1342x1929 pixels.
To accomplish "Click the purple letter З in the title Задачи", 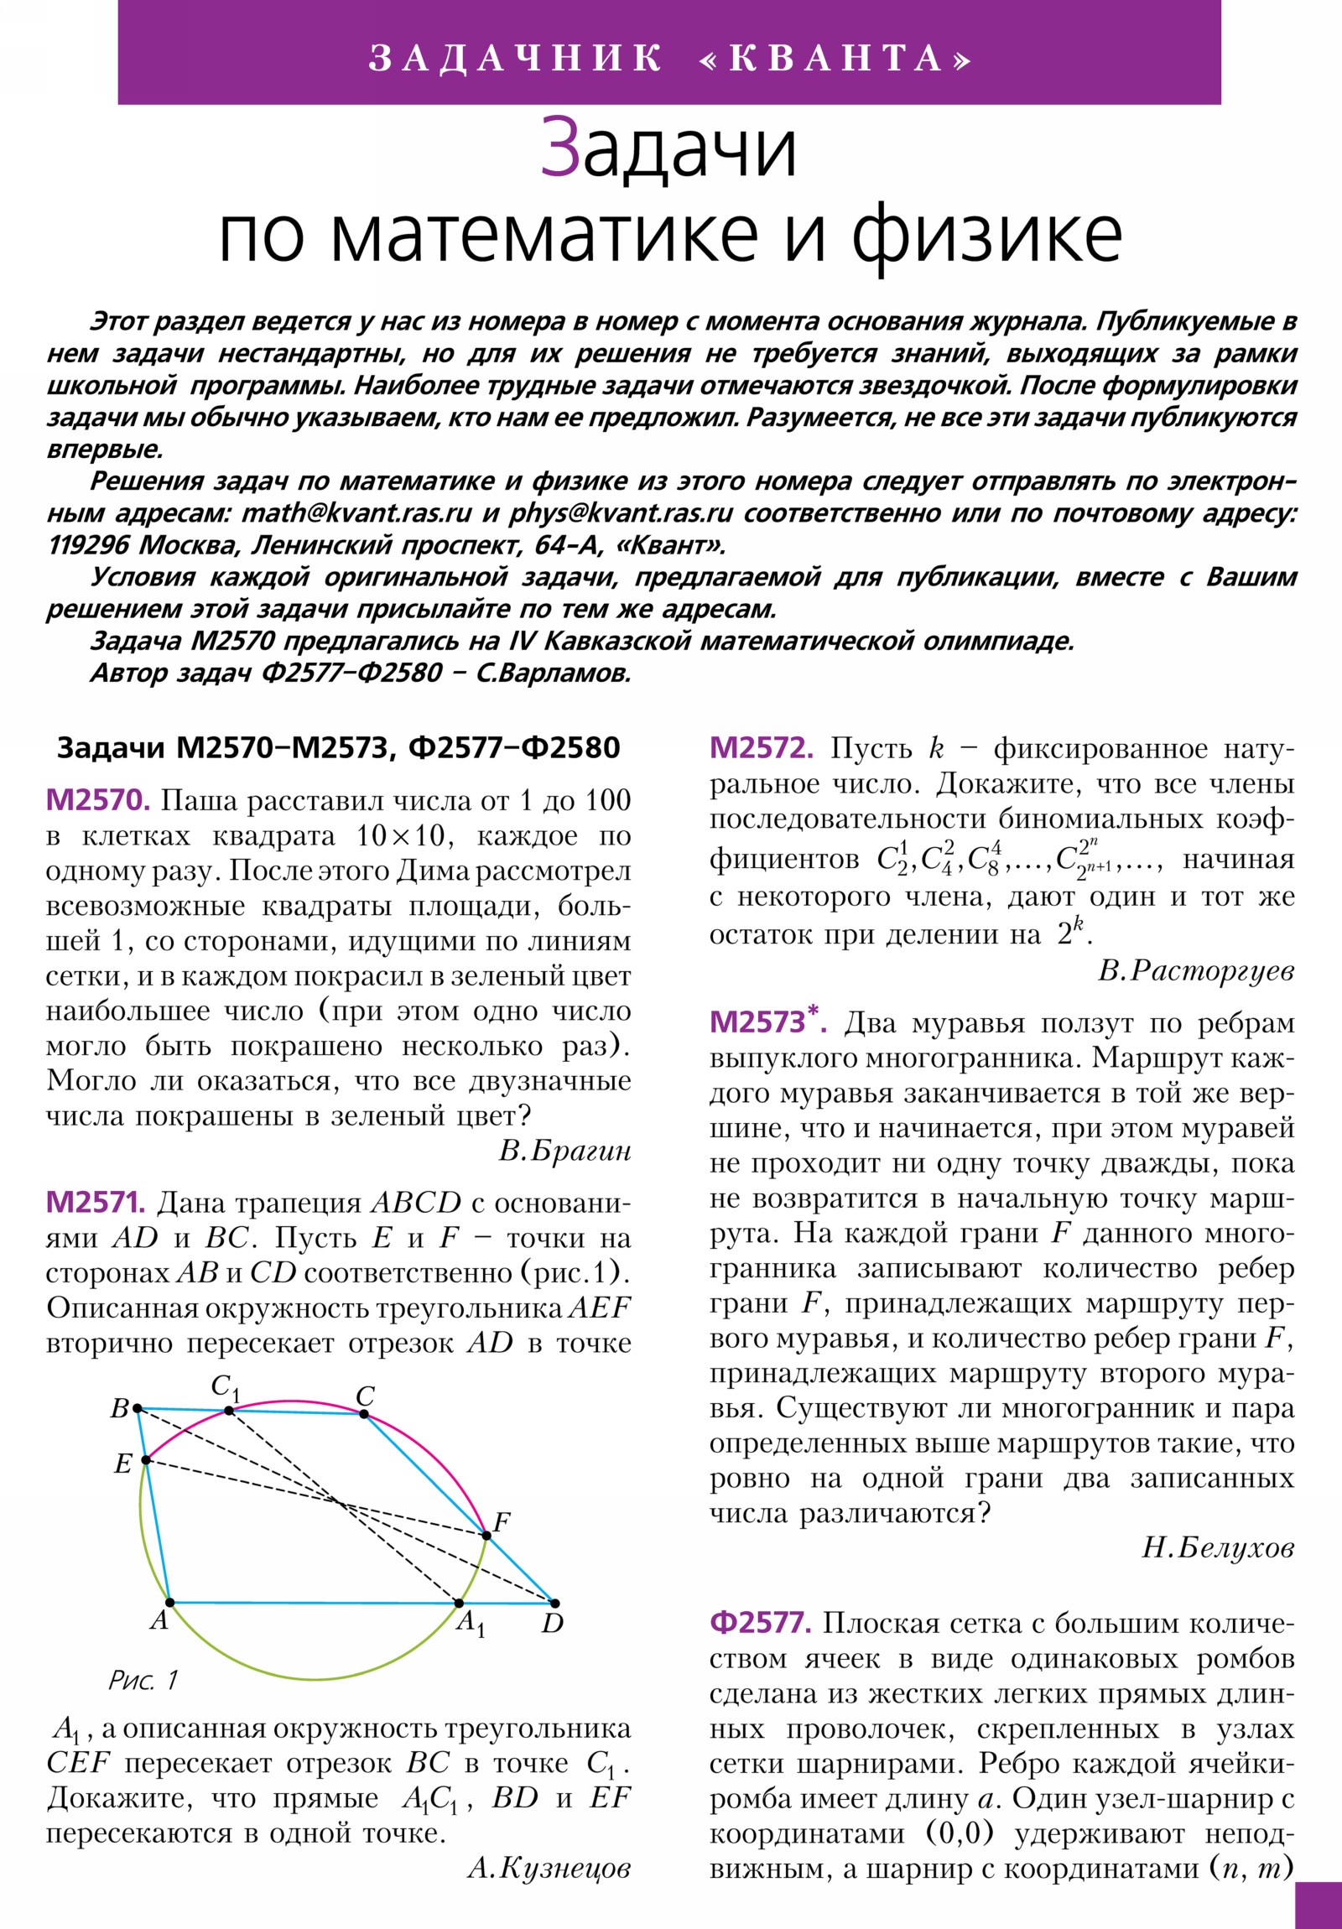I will click(559, 148).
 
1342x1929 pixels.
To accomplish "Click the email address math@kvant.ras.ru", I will click(356, 513).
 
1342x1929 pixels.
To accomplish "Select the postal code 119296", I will click(89, 545).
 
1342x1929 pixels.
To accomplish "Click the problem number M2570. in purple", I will click(97, 801).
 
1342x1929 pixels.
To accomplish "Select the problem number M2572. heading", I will click(762, 748).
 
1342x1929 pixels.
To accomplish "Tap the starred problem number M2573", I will click(767, 1022).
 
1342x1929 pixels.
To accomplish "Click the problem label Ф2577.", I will click(761, 1622).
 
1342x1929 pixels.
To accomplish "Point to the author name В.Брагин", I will click(564, 1150).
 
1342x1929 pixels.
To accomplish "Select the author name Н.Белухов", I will click(1218, 1547).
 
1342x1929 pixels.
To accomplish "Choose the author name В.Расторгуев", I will click(1196, 971).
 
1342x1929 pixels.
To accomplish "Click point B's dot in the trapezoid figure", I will click(138, 1408).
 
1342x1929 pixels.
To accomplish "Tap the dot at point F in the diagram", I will click(486, 1536).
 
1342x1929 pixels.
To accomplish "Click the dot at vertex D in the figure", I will click(554, 1604).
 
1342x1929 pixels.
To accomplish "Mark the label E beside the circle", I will click(122, 1464).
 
